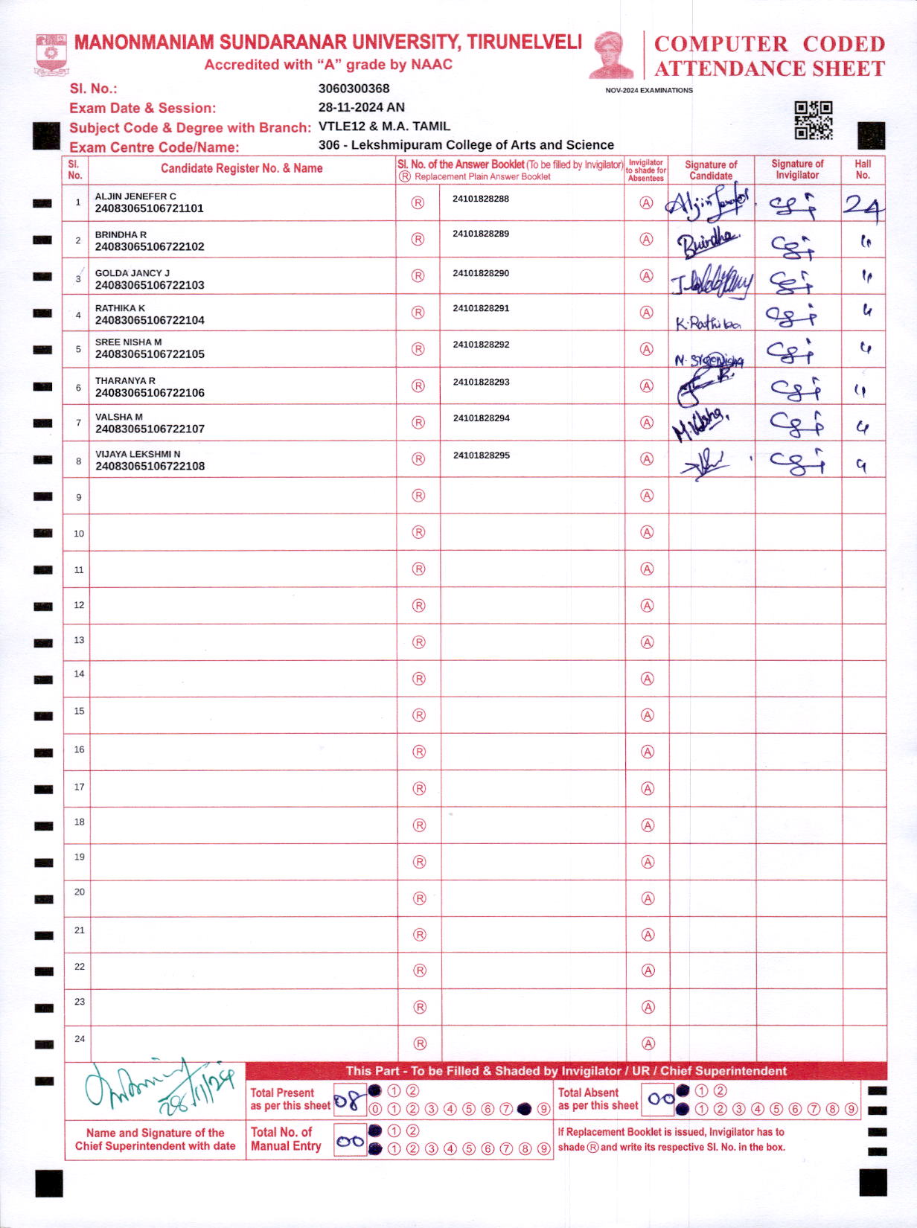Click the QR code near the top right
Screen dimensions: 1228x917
coord(813,121)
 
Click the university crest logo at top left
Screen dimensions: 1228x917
coord(51,54)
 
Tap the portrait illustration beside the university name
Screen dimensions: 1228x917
coord(611,54)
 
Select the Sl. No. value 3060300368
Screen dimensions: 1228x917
coord(354,89)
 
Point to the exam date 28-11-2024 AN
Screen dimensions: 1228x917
coord(362,107)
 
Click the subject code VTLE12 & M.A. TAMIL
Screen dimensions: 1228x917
coord(384,127)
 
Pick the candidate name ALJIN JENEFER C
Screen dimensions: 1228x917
coord(135,196)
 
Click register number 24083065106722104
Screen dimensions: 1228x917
coord(150,320)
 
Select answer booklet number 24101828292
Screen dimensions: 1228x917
coord(482,345)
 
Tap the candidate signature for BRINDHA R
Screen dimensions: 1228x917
coord(708,243)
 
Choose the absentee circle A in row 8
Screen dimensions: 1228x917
coord(647,459)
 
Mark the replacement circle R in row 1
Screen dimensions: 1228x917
coord(418,203)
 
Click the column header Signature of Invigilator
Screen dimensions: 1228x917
coord(797,170)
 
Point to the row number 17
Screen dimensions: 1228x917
coord(79,787)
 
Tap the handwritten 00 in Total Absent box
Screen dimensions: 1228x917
coord(659,1099)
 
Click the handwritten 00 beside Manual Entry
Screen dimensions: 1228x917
coord(350,1141)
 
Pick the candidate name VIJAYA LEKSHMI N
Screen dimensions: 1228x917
coord(138,454)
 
